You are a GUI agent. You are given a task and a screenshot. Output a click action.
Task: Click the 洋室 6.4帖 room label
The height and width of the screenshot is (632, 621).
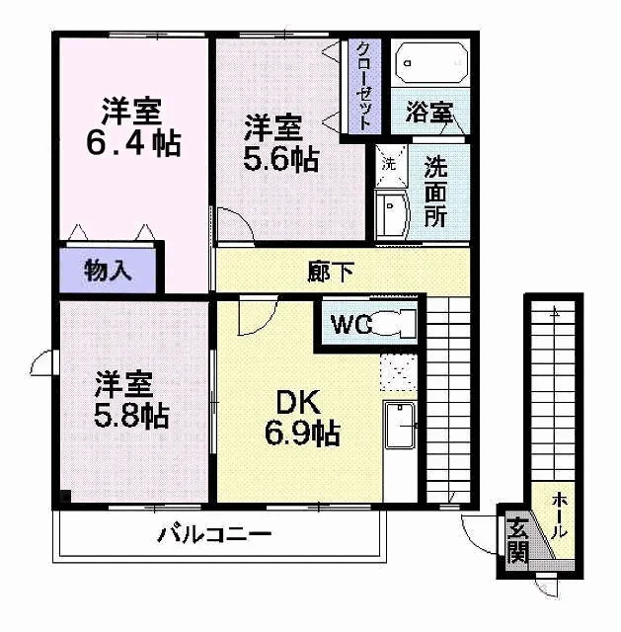133,126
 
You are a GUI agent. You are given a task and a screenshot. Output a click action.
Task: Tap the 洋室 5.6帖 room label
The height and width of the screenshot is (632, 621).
280,143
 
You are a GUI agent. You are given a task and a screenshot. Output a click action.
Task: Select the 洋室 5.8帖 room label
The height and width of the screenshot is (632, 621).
131,399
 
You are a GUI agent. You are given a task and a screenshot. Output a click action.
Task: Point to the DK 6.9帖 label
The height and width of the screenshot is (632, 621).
302,417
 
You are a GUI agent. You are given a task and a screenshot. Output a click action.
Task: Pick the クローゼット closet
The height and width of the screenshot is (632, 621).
364,86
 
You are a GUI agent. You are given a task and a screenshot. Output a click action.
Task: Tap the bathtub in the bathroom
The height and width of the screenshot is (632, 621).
431,63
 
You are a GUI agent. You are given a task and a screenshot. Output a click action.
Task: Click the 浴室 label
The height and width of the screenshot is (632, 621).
429,112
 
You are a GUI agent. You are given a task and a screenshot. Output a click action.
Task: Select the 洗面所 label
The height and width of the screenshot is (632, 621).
435,194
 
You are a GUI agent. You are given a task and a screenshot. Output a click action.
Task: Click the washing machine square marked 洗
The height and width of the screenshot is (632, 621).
391,165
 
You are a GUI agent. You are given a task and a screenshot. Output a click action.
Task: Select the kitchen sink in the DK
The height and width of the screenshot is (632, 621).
400,425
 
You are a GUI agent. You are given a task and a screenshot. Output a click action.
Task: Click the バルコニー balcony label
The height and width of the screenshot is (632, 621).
214,533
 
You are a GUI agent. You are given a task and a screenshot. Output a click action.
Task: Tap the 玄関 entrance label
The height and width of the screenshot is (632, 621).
517,540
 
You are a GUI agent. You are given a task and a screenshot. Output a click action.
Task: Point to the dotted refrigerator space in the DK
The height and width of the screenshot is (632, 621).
398,372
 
